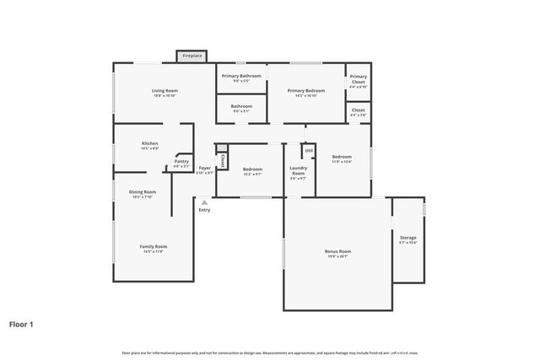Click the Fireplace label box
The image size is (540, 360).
(x=192, y=56)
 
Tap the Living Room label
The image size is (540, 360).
(x=165, y=91)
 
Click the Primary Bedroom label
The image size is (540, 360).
(x=305, y=91)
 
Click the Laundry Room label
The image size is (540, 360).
(x=299, y=173)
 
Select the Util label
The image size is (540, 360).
(x=310, y=151)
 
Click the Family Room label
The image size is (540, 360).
(x=153, y=248)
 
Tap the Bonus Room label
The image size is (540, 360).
(x=337, y=253)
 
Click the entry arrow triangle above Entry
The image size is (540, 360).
(x=203, y=201)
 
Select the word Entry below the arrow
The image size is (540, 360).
(x=204, y=210)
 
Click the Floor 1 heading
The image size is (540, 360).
(x=21, y=323)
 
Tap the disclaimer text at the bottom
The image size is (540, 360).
(x=270, y=352)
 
